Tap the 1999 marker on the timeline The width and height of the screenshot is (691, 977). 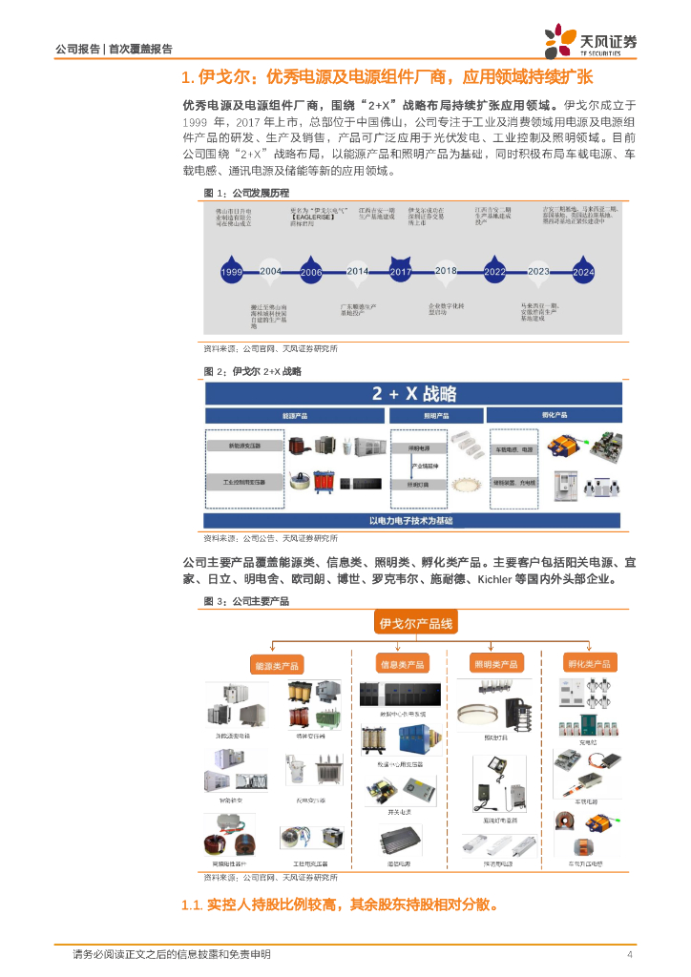click(x=232, y=272)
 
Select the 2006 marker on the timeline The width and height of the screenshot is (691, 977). click(x=311, y=272)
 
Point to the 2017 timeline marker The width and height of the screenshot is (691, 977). click(x=401, y=272)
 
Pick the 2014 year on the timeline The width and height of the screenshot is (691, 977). click(x=357, y=272)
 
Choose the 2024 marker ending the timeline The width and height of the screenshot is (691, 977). click(x=583, y=272)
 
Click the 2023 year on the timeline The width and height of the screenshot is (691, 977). click(x=538, y=272)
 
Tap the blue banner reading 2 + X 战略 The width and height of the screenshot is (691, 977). click(x=413, y=394)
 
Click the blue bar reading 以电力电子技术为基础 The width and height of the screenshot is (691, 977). click(x=412, y=521)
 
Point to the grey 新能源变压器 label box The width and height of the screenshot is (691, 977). click(x=243, y=446)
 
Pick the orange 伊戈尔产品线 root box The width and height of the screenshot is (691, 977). click(x=417, y=624)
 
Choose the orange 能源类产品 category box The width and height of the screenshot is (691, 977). click(x=276, y=664)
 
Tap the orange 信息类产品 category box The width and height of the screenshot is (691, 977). click(x=402, y=664)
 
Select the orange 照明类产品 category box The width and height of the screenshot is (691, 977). click(x=495, y=664)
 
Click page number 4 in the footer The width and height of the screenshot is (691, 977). click(x=629, y=954)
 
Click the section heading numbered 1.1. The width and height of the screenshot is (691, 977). click(x=339, y=904)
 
